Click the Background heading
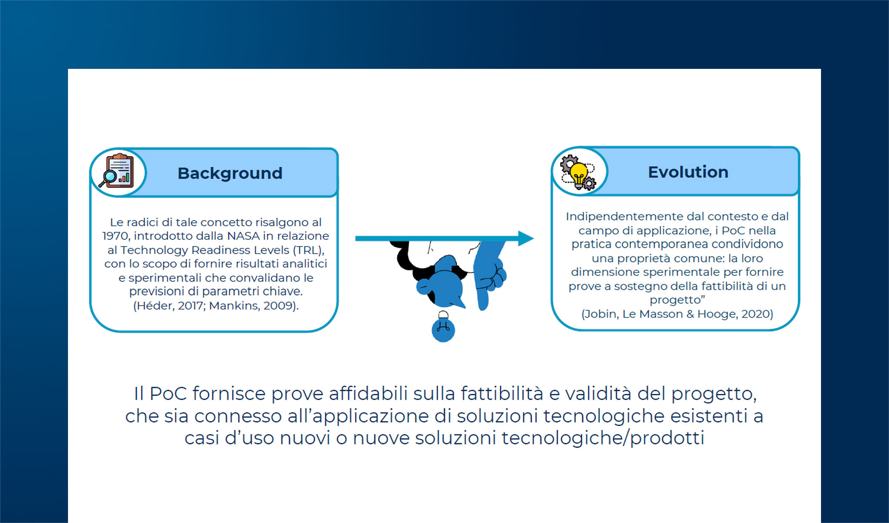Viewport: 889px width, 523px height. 230,173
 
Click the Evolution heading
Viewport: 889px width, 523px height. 688,172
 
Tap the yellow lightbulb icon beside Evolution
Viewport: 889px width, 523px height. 579,174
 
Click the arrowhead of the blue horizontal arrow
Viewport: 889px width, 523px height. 526,238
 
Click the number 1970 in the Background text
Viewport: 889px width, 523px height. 115,236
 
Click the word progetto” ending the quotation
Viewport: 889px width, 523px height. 677,300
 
